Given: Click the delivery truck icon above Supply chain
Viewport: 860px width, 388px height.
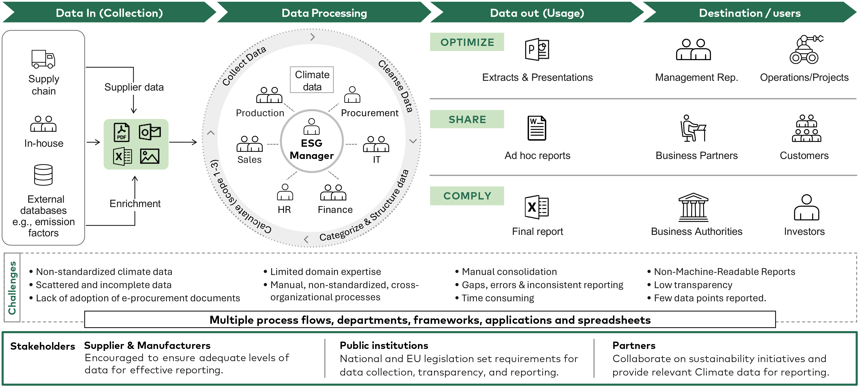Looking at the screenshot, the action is click(x=43, y=59).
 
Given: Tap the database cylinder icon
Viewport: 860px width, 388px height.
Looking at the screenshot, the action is click(x=44, y=175).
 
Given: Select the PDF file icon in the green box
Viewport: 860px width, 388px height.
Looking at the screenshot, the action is click(x=121, y=132).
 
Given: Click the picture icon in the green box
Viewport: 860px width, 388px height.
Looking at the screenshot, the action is click(x=150, y=156).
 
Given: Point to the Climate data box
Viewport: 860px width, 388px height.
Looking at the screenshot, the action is click(x=312, y=80).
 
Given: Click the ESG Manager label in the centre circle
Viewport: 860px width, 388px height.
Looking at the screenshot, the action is click(x=312, y=149).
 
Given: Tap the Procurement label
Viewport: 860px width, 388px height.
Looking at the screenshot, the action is click(x=370, y=113).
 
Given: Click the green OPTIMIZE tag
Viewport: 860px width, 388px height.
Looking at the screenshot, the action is click(x=467, y=42).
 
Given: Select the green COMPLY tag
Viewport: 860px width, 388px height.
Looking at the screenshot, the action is click(x=467, y=196).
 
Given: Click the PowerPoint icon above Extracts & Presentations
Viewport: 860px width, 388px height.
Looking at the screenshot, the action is click(x=537, y=49).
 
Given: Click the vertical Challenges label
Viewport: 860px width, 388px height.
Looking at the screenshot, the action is click(x=12, y=288).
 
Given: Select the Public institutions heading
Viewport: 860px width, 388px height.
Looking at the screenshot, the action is click(x=384, y=345).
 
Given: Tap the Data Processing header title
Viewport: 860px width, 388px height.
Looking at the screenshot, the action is click(x=324, y=13).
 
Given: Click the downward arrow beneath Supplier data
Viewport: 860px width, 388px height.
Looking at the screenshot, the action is click(x=133, y=105).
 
